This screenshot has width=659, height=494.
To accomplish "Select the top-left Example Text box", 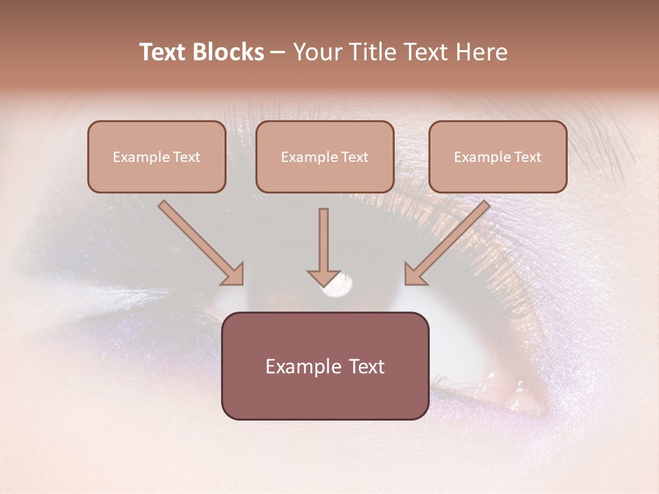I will click(x=157, y=156).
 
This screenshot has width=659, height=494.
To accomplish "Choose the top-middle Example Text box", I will click(x=325, y=156).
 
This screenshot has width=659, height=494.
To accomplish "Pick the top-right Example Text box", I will click(x=498, y=156).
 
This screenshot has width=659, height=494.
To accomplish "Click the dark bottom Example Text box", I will click(x=325, y=366).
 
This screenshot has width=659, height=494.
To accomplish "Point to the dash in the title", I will click(x=278, y=53).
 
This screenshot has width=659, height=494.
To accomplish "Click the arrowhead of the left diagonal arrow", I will click(x=234, y=275).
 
